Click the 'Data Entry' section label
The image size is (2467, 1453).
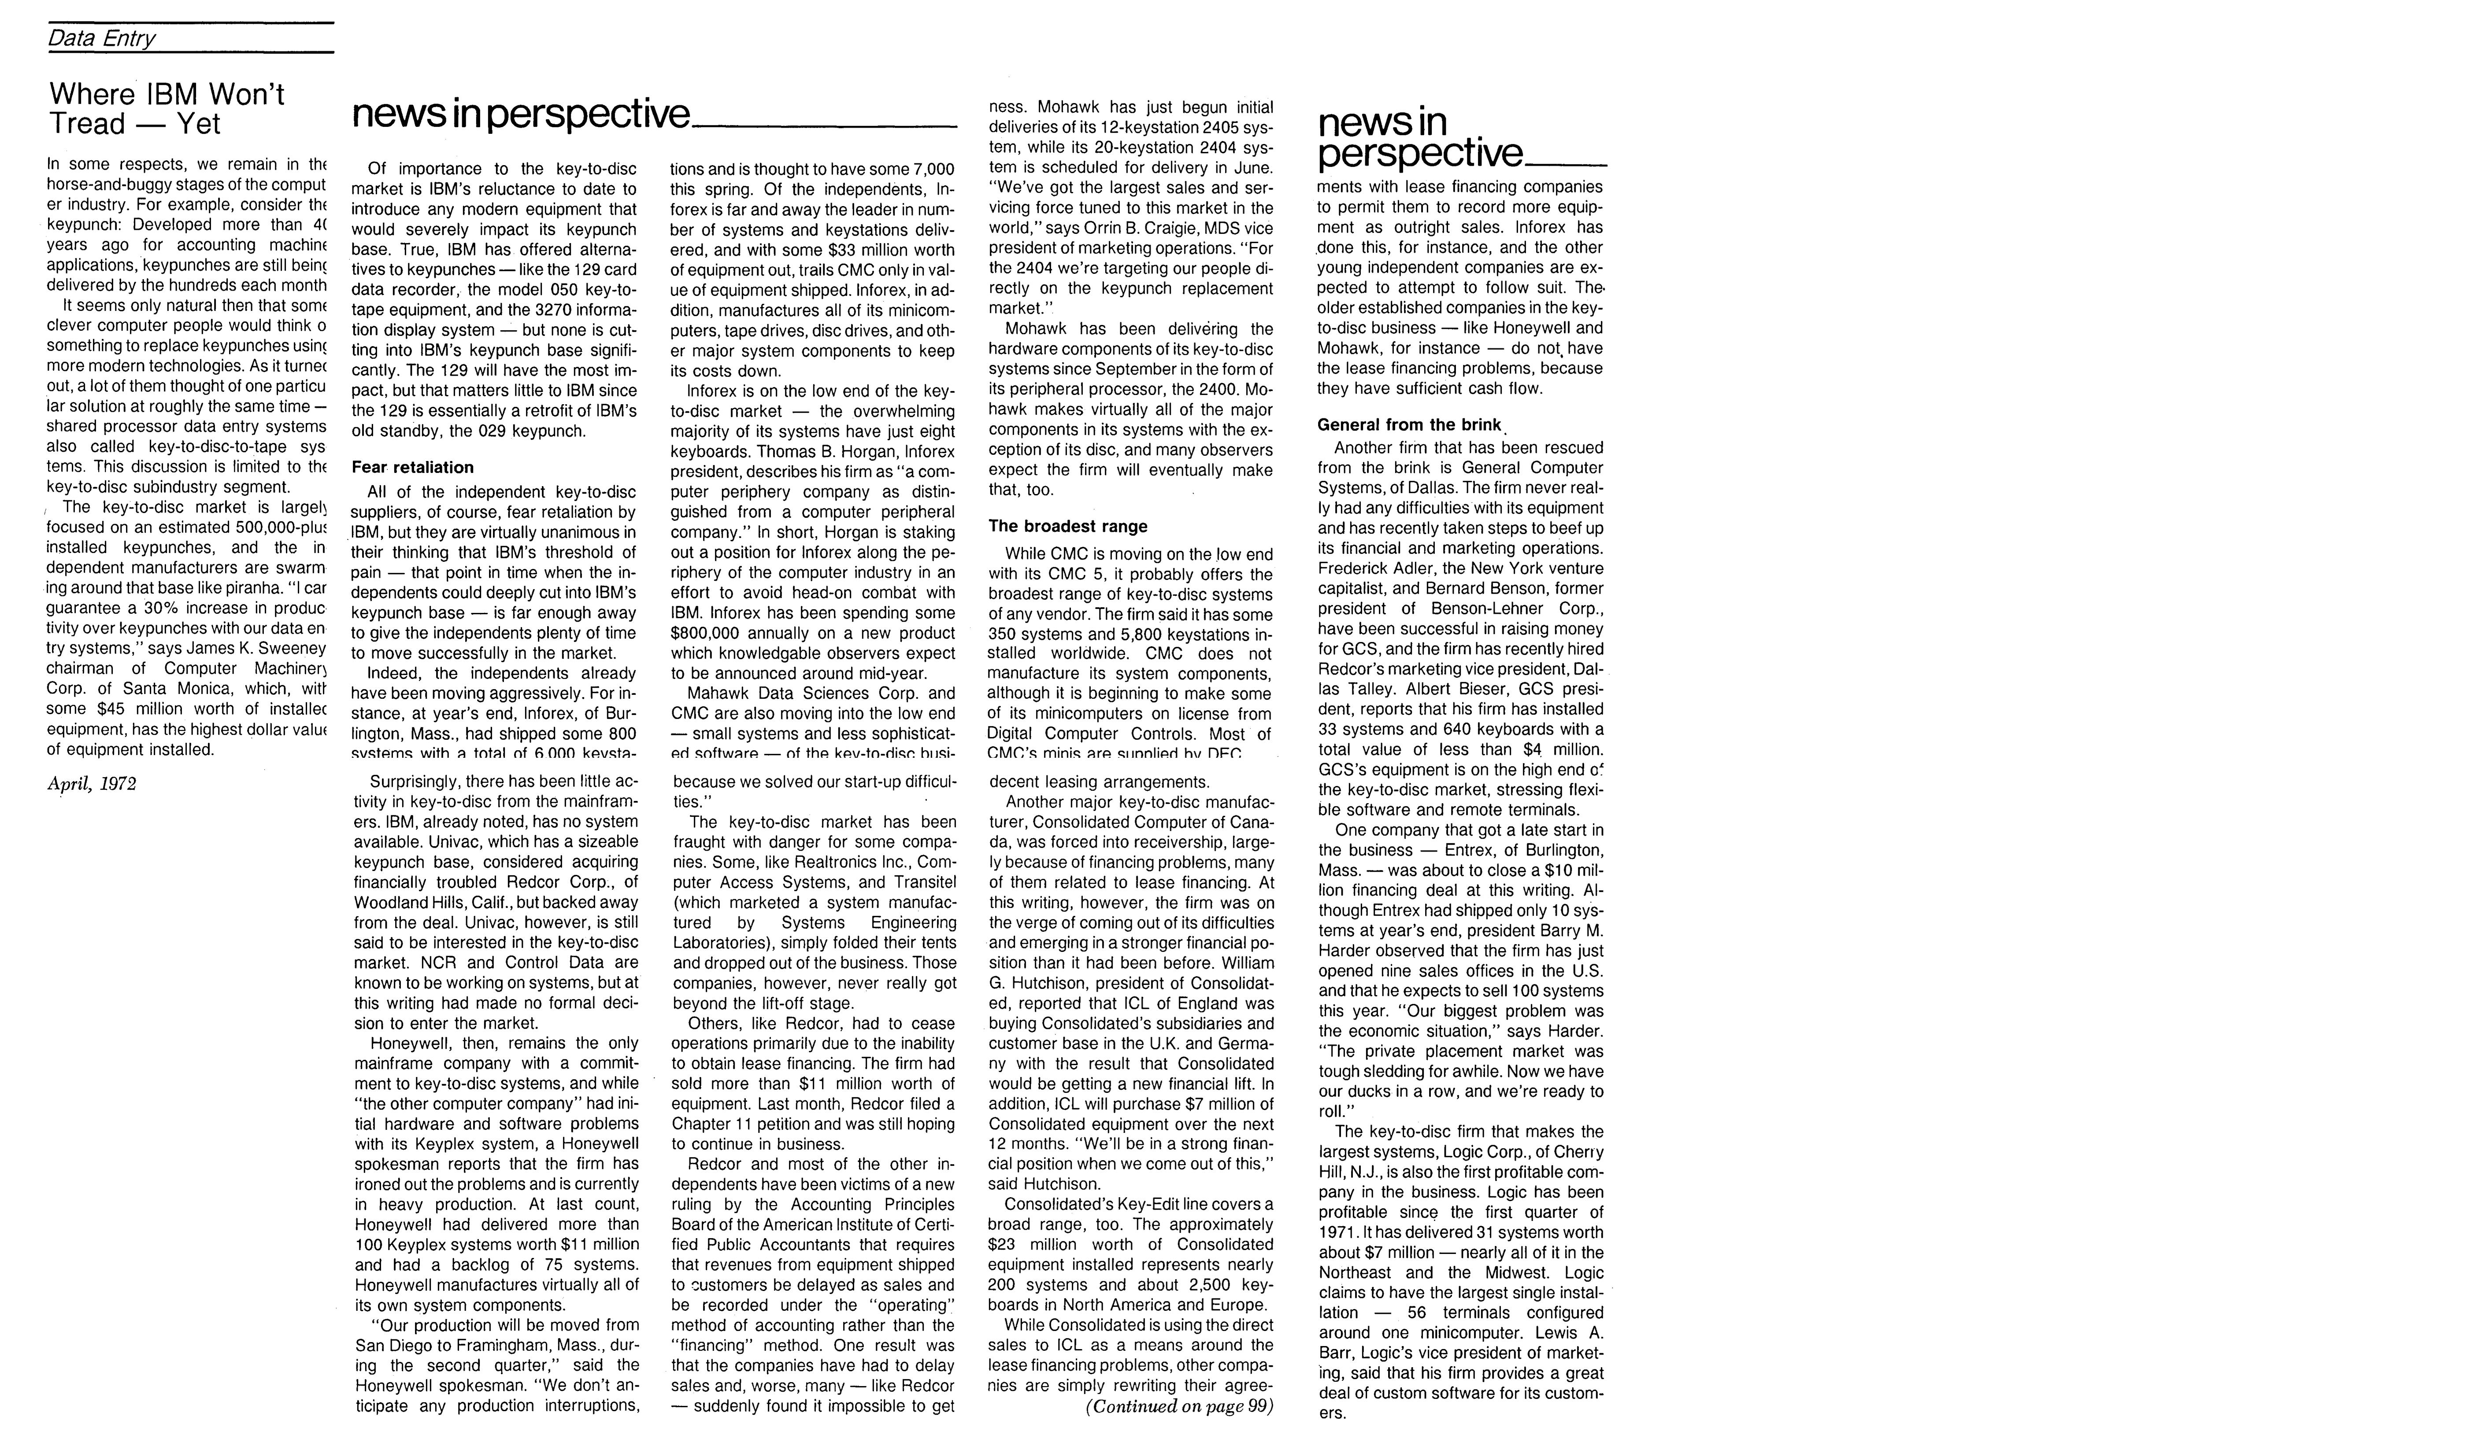pos(102,38)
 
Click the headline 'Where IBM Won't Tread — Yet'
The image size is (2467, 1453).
pos(167,109)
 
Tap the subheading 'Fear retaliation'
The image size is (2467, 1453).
pos(412,468)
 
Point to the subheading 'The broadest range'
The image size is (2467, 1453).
pos(1067,527)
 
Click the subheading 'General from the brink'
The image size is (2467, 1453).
pos(1408,425)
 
